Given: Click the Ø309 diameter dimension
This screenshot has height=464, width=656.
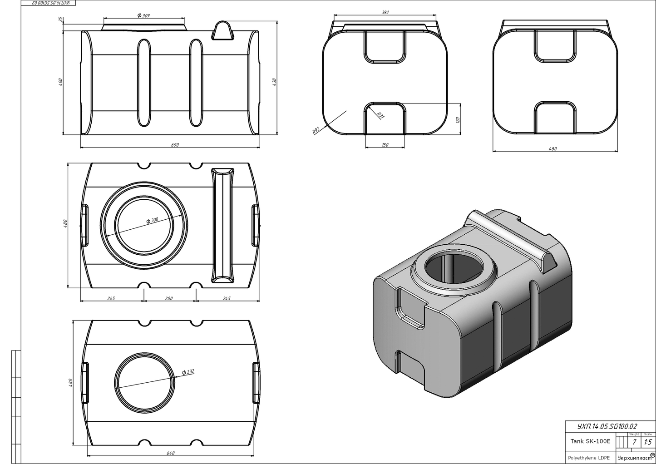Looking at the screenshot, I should pos(143,15).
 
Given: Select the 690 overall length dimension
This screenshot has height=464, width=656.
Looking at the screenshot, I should pos(175,145).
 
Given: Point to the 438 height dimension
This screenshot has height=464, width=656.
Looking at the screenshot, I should pos(274,82).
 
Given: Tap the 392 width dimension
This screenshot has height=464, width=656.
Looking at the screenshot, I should pos(385,12).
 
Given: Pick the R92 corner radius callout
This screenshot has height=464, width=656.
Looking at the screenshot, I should pos(316,130).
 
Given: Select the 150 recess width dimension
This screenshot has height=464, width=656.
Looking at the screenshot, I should pos(385,145).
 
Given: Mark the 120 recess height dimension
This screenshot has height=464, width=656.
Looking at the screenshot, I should pos(458,120).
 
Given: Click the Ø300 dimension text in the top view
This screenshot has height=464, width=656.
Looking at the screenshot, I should pos(153,220).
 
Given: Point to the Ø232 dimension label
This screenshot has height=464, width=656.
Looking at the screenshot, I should pos(187,372).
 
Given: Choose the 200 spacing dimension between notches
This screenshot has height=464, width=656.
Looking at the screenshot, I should pos(168,298).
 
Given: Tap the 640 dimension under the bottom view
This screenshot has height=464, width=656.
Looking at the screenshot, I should pos(170,453).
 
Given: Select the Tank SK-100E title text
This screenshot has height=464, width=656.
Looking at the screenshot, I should pos(590,441).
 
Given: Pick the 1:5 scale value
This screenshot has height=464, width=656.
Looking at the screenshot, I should pos(647,442).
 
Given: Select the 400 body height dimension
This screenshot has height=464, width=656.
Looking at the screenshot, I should pos(61,82).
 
